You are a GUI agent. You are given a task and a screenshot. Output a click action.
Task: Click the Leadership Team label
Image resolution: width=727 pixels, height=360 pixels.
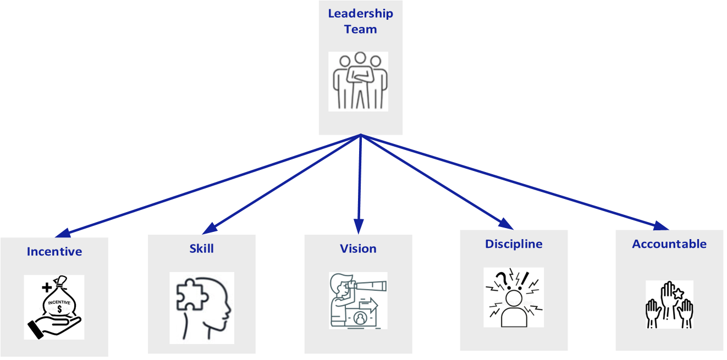click(x=360, y=21)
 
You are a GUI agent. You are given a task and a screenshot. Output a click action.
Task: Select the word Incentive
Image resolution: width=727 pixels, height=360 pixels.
click(x=54, y=252)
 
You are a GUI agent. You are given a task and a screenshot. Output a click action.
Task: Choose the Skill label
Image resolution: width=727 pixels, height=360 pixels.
click(x=201, y=248)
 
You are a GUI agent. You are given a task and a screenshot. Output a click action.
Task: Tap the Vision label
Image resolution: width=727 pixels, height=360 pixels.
click(x=358, y=248)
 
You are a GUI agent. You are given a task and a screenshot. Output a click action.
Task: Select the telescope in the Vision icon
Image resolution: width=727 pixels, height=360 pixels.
click(x=369, y=286)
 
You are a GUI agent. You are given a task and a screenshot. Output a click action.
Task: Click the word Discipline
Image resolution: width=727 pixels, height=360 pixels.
click(x=514, y=243)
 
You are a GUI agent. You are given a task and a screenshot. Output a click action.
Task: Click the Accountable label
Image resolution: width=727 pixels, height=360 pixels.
click(x=669, y=244)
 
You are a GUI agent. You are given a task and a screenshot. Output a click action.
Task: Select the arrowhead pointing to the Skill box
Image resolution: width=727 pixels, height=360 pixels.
click(x=208, y=228)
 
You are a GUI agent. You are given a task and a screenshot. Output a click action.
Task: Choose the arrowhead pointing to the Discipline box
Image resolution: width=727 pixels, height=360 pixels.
click(x=508, y=223)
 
